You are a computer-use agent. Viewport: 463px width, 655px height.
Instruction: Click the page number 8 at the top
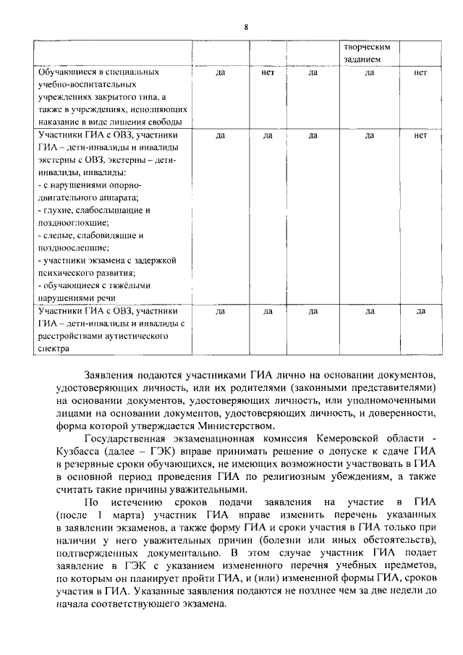(246, 27)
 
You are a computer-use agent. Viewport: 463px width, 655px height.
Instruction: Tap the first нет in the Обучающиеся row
(267, 72)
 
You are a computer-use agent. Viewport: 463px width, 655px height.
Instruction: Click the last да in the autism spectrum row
(420, 311)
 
